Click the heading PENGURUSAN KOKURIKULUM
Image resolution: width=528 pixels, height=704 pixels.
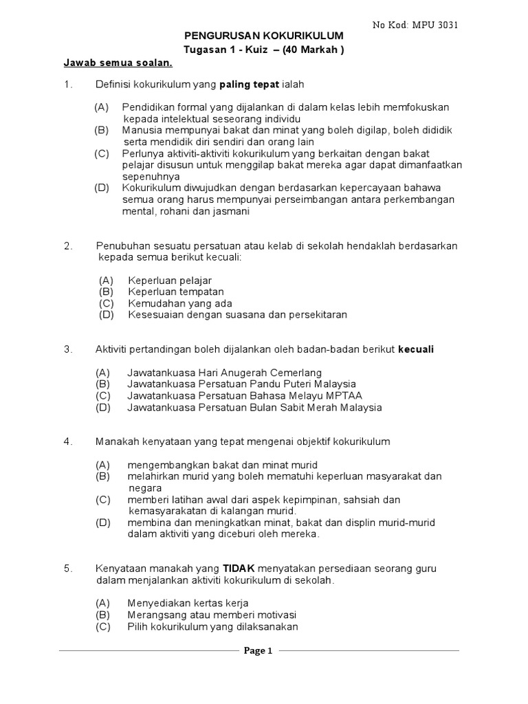pyautogui.click(x=263, y=36)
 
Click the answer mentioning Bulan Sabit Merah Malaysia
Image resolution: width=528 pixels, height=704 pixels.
pyautogui.click(x=254, y=408)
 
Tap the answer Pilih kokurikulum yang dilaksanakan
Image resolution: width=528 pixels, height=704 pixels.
pyautogui.click(x=212, y=626)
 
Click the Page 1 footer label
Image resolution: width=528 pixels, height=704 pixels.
pyautogui.click(x=259, y=652)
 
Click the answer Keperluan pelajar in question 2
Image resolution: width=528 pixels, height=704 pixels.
pyautogui.click(x=169, y=280)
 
